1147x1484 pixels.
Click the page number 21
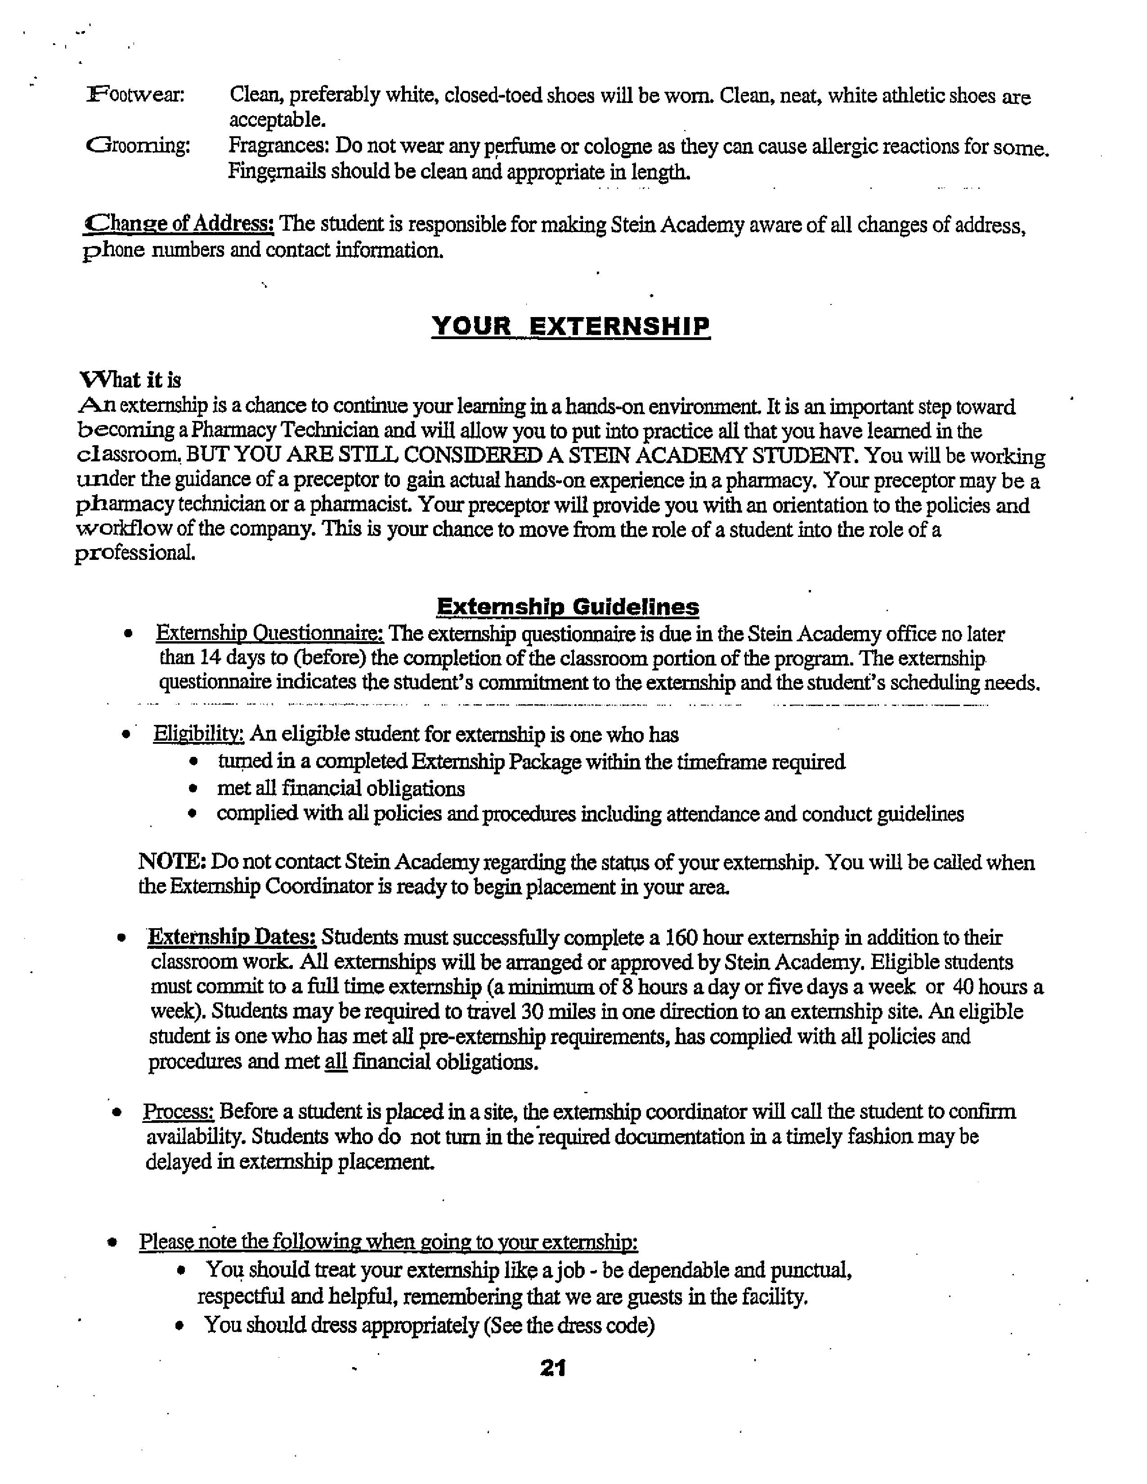[x=553, y=1367]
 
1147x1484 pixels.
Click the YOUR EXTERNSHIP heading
[x=571, y=327]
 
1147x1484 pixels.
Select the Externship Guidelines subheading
[x=567, y=606]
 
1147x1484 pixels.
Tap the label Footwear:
[x=136, y=95]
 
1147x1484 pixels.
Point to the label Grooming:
[x=139, y=145]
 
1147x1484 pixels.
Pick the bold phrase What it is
[x=130, y=380]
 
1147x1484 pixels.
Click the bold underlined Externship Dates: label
[x=232, y=938]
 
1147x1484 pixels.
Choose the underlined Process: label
[x=179, y=1112]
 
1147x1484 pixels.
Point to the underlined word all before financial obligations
[x=336, y=1061]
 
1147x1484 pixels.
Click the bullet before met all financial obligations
[x=194, y=789]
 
